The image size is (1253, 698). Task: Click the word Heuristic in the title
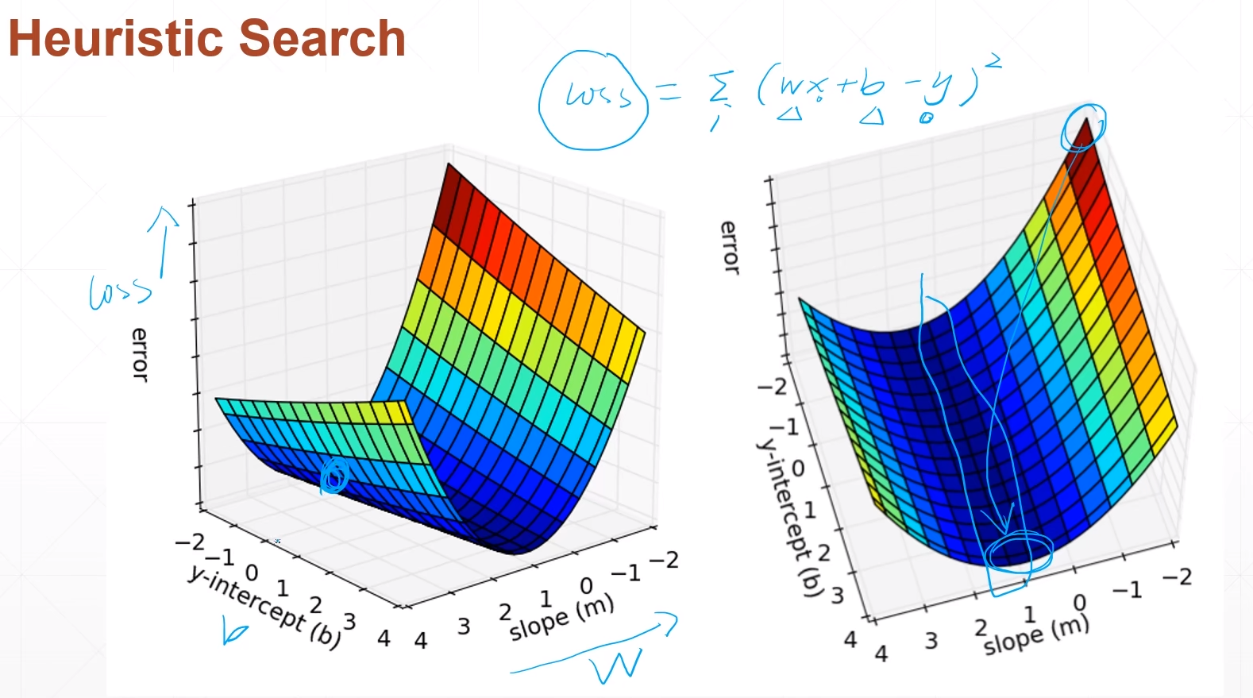[x=117, y=38]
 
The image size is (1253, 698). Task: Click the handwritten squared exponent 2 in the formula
[x=994, y=61]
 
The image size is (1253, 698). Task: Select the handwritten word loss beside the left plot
[x=119, y=291]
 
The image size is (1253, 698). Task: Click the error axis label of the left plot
[x=140, y=354]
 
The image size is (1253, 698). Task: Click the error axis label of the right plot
[x=729, y=247]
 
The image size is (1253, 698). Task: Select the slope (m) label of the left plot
[x=561, y=617]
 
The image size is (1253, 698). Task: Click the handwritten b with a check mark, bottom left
[x=234, y=633]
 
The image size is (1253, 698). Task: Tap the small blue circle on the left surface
[x=334, y=476]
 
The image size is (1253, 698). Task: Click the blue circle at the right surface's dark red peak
[x=1083, y=126]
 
